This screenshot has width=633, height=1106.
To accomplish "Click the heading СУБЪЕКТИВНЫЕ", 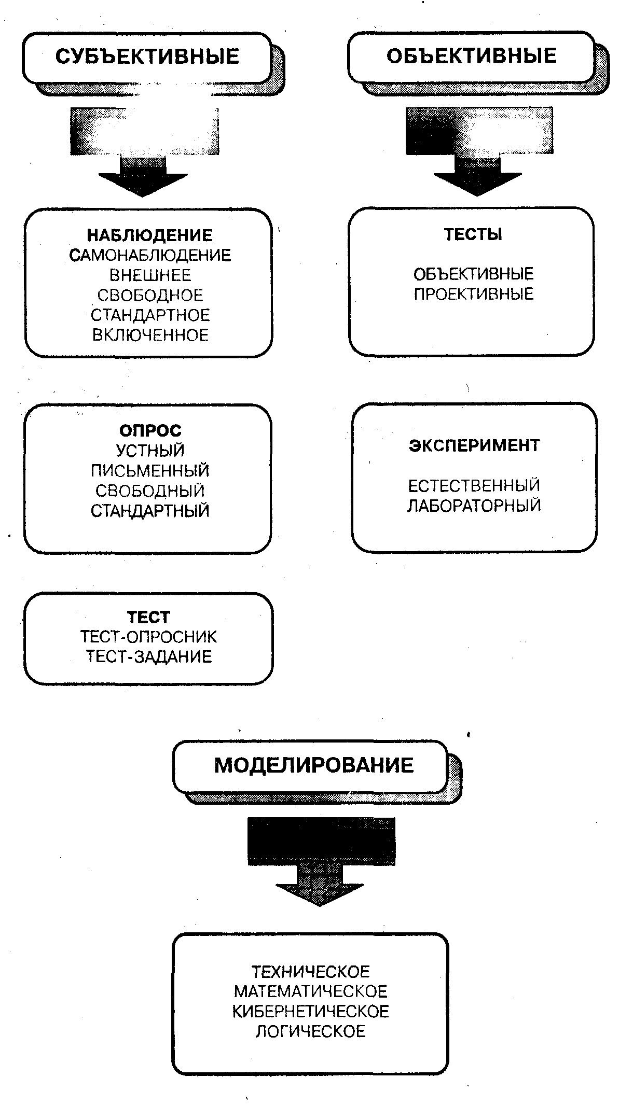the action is click(147, 56).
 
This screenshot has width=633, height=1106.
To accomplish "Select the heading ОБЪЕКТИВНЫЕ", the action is click(471, 55).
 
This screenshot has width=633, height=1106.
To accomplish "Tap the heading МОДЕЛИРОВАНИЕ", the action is click(314, 765).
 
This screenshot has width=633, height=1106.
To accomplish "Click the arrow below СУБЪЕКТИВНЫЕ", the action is click(144, 152).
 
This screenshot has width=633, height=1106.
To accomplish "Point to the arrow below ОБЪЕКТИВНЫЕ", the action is click(478, 151).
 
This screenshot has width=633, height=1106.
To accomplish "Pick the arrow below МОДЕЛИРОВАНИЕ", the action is click(321, 861).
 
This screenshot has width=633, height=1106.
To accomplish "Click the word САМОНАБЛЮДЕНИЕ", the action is click(150, 255).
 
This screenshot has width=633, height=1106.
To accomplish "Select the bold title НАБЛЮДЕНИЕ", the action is click(149, 235).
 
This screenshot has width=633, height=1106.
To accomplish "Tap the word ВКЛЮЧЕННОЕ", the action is click(150, 335).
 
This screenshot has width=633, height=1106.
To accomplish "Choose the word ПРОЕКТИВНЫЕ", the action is click(473, 294).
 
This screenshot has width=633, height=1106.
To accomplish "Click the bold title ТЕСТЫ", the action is click(473, 234).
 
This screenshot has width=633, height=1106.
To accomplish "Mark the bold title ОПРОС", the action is click(150, 430).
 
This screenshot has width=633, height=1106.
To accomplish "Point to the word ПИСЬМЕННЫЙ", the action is click(150, 471).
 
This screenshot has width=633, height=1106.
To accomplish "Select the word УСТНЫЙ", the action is click(150, 451).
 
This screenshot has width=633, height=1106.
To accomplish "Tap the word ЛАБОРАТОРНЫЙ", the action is click(474, 506).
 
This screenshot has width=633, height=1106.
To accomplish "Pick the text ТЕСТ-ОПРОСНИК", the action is click(149, 637).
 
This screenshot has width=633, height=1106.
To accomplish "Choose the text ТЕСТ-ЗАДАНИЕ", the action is click(149, 657).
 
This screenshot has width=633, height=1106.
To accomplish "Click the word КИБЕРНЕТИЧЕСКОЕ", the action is click(310, 1011).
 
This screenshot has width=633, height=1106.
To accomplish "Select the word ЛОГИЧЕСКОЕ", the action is click(310, 1031).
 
